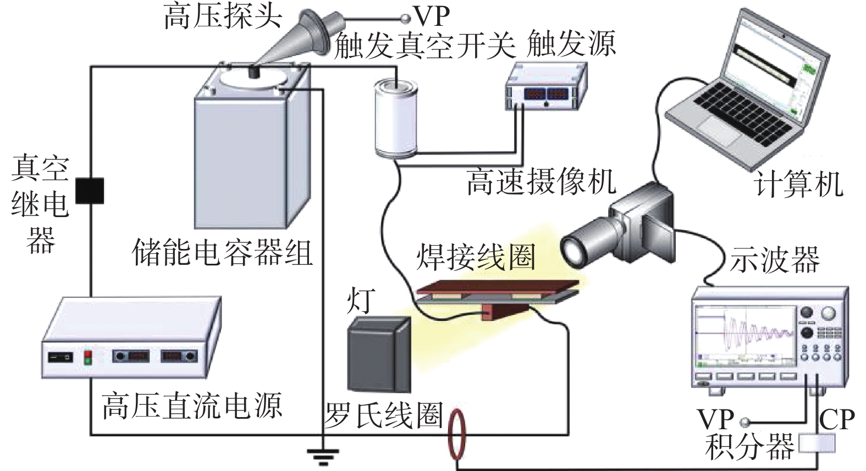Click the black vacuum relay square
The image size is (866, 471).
pyautogui.click(x=89, y=190)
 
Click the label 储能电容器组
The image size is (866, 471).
pyautogui.click(x=223, y=254)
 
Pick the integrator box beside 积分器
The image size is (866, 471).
pyautogui.click(x=817, y=444)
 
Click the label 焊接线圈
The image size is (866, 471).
pyautogui.click(x=476, y=257)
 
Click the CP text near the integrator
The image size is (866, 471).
pyautogui.click(x=837, y=420)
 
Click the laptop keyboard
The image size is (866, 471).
pyautogui.click(x=737, y=118)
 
